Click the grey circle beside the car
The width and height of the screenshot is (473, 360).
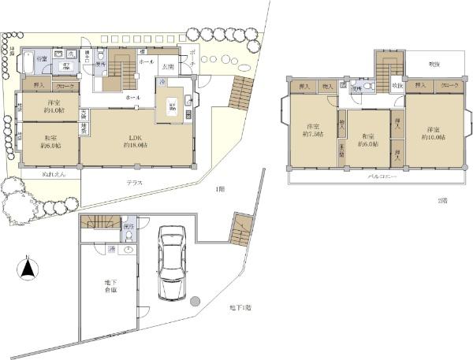[196, 299]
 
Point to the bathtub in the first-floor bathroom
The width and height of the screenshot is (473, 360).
[27, 61]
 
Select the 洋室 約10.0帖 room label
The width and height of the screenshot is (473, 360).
[433, 133]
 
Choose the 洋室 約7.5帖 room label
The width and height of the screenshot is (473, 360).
[312, 131]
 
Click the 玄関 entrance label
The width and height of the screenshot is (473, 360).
[167, 68]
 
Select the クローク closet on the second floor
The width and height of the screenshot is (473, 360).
[449, 85]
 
